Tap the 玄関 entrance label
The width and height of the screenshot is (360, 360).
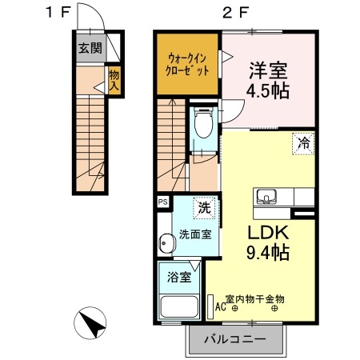(x=90, y=47)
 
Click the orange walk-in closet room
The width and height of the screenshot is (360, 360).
(x=189, y=64)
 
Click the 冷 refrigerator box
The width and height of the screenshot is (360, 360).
(x=303, y=144)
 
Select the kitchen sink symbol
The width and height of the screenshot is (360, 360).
(x=266, y=197)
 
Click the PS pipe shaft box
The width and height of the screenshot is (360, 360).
(x=162, y=202)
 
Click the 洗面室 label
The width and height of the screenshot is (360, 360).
(x=194, y=235)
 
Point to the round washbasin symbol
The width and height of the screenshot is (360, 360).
(x=166, y=243)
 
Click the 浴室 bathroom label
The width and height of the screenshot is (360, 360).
(x=179, y=278)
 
